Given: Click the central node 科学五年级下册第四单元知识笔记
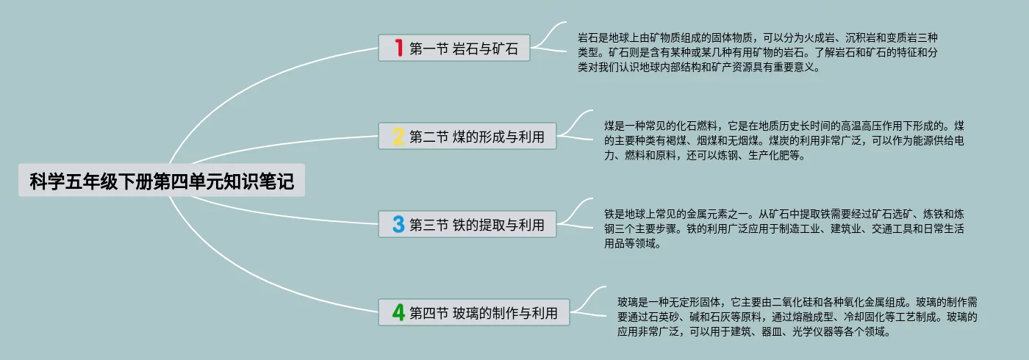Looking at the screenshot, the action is pyautogui.click(x=162, y=181).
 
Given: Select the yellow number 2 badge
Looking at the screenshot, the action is pyautogui.click(x=398, y=136).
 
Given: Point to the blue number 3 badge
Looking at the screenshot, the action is pyautogui.click(x=398, y=224).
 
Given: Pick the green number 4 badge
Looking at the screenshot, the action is pyautogui.click(x=398, y=313).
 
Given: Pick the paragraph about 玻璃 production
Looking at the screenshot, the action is pyautogui.click(x=797, y=317).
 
